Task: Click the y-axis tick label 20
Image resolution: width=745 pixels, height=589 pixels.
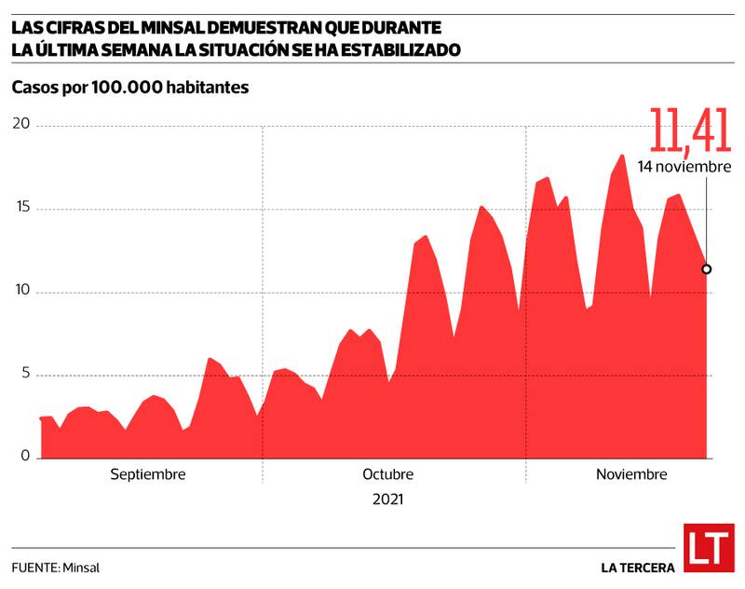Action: click(20, 124)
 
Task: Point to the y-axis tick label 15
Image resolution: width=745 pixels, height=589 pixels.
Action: click(20, 208)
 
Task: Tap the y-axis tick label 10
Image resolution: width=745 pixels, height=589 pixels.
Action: click(20, 292)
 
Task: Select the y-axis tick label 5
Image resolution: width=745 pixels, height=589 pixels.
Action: click(24, 375)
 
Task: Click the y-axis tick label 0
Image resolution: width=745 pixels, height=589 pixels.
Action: click(24, 458)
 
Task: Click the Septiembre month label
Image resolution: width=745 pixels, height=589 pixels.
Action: click(148, 474)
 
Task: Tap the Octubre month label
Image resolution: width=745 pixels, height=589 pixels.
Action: click(388, 474)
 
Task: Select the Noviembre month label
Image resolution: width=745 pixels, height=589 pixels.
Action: click(631, 474)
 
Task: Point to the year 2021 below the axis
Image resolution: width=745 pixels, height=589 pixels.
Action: click(387, 500)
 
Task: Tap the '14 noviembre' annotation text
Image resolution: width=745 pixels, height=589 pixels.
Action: click(684, 167)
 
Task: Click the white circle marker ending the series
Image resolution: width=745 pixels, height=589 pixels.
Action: click(707, 269)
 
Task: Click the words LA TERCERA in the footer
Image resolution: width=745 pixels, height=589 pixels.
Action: click(638, 567)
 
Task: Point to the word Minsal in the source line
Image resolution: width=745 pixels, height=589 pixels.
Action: click(82, 567)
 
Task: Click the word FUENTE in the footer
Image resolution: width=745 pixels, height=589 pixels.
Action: click(34, 567)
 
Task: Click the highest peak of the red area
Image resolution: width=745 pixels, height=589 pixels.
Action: click(621, 155)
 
